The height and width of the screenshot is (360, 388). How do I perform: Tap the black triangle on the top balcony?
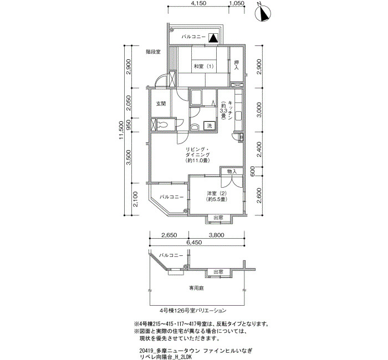coord(213,38)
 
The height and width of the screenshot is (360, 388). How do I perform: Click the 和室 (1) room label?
coord(203,66)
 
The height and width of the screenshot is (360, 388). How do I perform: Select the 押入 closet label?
coord(236,65)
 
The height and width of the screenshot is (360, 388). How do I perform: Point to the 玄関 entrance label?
coord(161,104)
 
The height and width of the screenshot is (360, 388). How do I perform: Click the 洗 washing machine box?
coord(210,126)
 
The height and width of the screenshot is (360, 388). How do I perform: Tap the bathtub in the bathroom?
coord(196,97)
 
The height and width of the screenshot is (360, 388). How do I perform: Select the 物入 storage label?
coord(232,171)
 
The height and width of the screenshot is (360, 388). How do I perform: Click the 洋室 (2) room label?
coord(217,194)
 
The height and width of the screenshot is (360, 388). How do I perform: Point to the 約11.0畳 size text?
coord(197,161)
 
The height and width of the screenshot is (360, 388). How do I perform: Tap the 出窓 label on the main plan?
coord(218,218)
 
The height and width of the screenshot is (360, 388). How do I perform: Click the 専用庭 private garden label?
coord(197,288)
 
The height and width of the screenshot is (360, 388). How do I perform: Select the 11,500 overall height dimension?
coord(121,130)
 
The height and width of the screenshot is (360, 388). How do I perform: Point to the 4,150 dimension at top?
coord(198,3)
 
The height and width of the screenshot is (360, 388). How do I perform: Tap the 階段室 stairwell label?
coord(153,52)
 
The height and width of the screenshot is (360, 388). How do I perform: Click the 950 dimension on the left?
coord(129,125)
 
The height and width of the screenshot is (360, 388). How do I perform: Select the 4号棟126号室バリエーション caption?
coord(193,310)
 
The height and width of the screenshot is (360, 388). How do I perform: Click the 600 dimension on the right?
coord(252,171)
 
